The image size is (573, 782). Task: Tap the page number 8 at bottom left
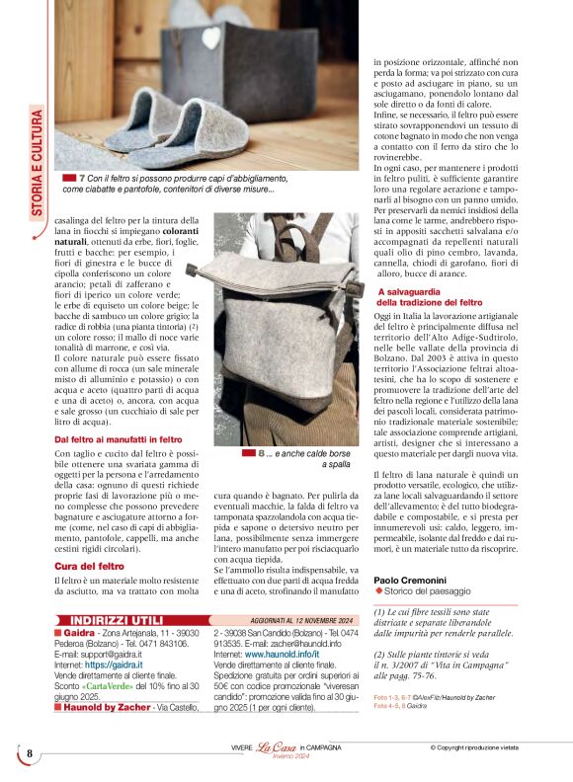(30, 753)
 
